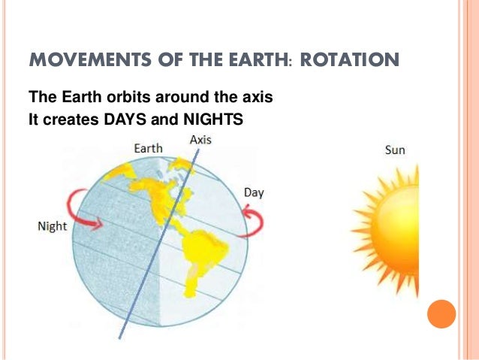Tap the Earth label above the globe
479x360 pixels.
point(148,149)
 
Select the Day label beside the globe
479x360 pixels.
point(253,193)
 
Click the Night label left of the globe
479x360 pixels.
point(52,226)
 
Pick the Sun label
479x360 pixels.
point(395,150)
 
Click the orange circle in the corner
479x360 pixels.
point(441,313)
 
